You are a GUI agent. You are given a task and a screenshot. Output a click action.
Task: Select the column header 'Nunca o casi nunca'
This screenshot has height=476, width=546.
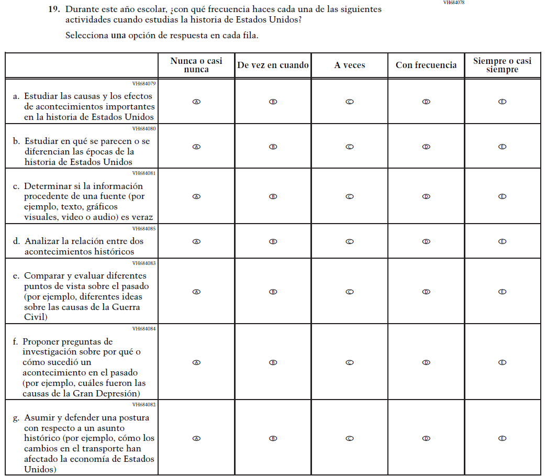pyautogui.click(x=196, y=65)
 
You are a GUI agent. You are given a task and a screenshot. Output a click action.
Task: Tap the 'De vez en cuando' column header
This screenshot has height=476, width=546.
pyautogui.click(x=273, y=65)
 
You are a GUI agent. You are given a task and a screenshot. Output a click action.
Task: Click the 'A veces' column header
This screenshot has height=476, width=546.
pyautogui.click(x=350, y=65)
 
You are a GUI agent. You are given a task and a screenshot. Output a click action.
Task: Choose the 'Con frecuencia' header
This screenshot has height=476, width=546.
pyautogui.click(x=426, y=65)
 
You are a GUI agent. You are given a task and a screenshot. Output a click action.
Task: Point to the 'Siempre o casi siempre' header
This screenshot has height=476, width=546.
pyautogui.click(x=502, y=65)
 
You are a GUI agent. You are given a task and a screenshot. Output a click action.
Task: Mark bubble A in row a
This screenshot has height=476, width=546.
pyautogui.click(x=196, y=102)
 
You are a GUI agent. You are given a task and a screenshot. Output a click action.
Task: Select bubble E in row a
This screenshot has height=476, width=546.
pyautogui.click(x=502, y=102)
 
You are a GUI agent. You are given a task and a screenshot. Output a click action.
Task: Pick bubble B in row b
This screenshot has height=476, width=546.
pyautogui.click(x=273, y=147)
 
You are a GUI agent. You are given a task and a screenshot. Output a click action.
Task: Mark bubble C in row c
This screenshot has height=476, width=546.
pyautogui.click(x=350, y=197)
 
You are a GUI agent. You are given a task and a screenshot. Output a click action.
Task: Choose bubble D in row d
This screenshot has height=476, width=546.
pyautogui.click(x=426, y=242)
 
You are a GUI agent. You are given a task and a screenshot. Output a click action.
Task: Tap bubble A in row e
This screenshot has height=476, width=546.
pyautogui.click(x=196, y=292)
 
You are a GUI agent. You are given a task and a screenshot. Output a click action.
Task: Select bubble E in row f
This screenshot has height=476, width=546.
pyautogui.click(x=502, y=362)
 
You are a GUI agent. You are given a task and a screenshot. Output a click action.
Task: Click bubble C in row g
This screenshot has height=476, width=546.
pyautogui.click(x=350, y=438)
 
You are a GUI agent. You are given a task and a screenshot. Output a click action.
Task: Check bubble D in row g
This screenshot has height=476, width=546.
pyautogui.click(x=426, y=438)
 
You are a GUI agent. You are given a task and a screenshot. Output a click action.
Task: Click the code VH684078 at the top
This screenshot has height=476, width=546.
pyautogui.click(x=453, y=3)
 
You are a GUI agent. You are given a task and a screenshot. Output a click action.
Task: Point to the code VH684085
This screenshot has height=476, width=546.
pyautogui.click(x=144, y=228)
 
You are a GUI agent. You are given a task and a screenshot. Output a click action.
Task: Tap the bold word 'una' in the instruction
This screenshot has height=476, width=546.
pyautogui.click(x=119, y=36)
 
